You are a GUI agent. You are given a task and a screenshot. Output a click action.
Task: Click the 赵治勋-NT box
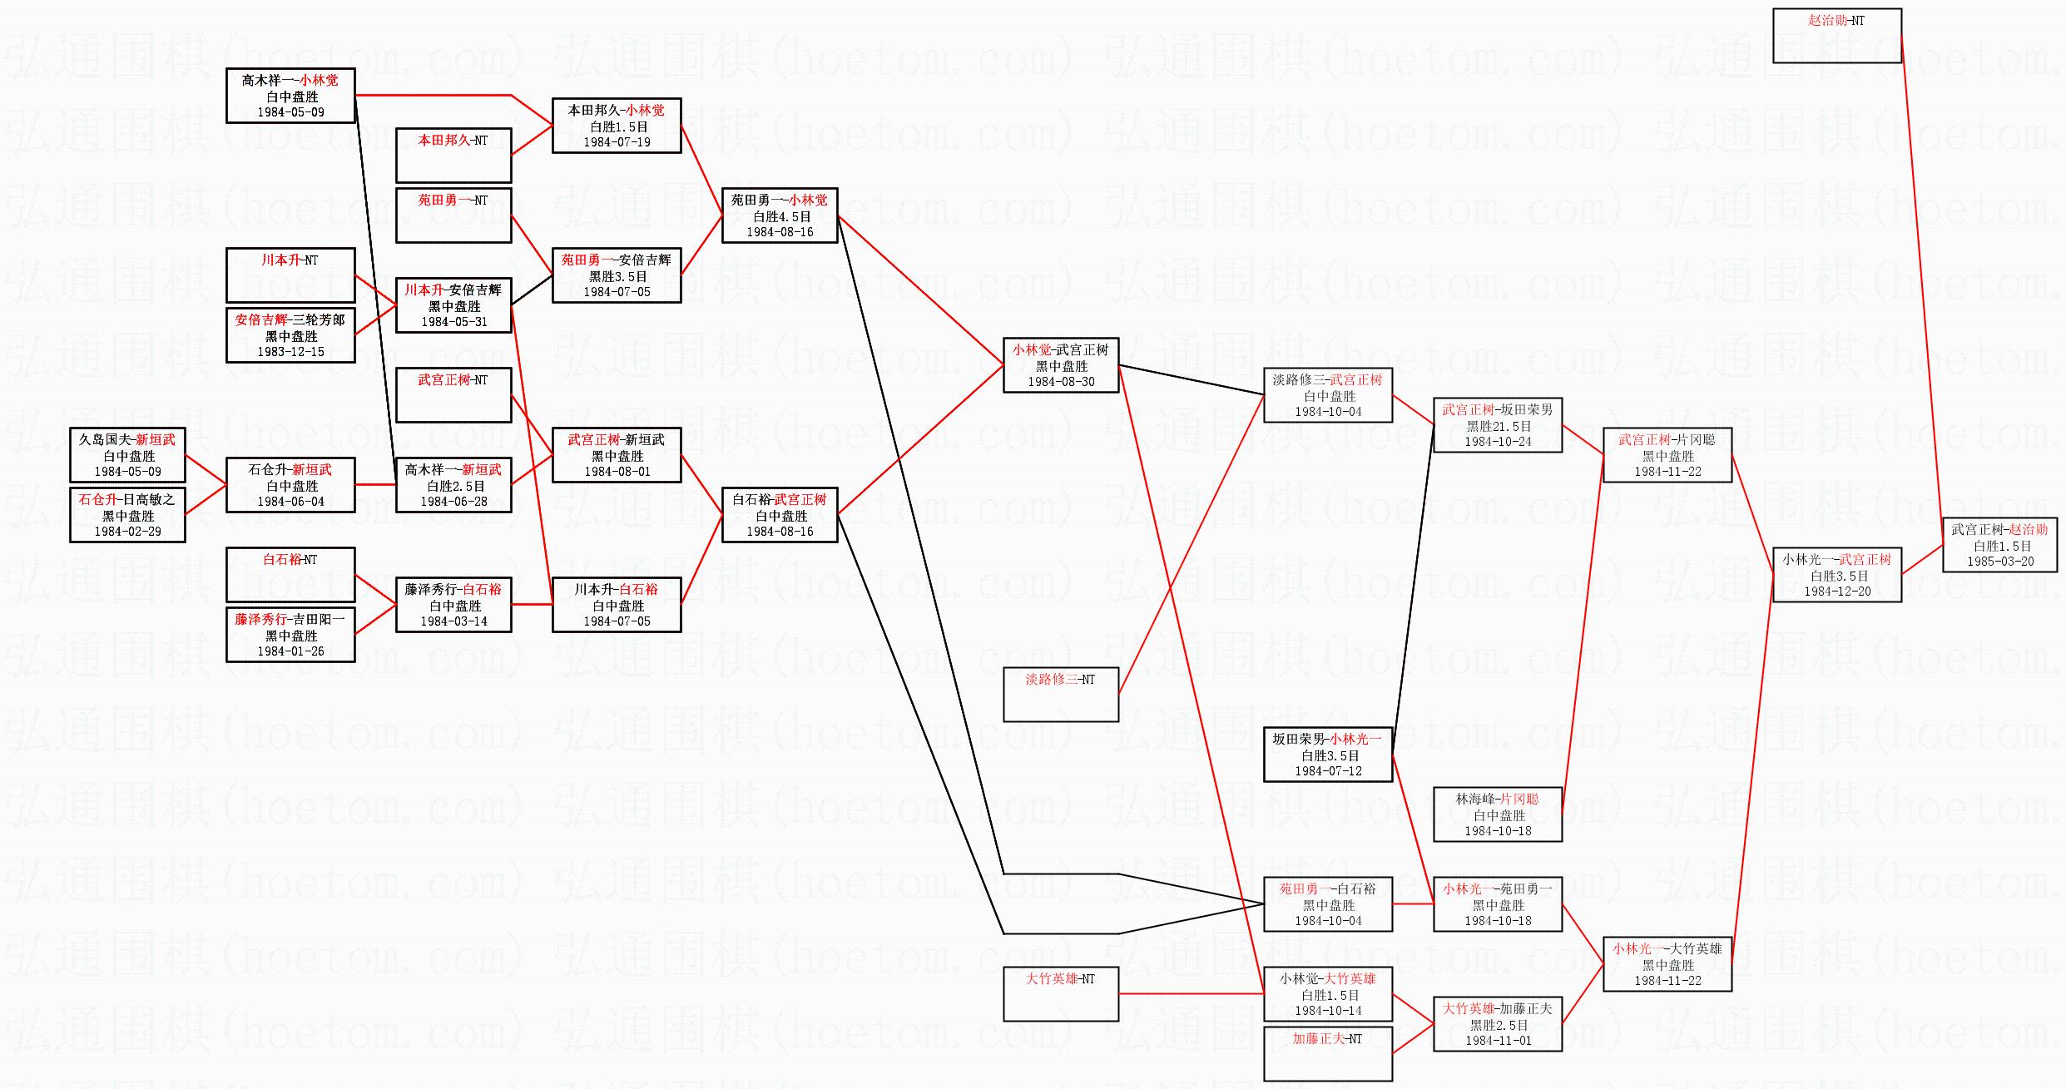click(x=1836, y=36)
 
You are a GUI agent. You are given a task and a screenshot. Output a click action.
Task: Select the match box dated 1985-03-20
click(x=1999, y=545)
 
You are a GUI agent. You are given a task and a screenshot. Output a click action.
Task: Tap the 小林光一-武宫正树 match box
click(x=1836, y=575)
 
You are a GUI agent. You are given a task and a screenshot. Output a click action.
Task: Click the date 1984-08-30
click(x=1061, y=382)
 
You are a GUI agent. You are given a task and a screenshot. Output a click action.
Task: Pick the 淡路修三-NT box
click(x=1061, y=695)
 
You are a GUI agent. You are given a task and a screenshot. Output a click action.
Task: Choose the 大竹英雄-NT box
click(x=1061, y=994)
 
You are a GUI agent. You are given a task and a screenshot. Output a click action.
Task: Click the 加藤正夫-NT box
click(x=1327, y=1054)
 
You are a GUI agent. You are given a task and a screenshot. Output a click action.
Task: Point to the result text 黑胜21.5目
click(x=1498, y=426)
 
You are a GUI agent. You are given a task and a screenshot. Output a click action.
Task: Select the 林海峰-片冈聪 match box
click(x=1497, y=814)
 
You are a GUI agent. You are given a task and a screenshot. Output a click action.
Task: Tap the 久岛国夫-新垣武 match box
click(x=127, y=455)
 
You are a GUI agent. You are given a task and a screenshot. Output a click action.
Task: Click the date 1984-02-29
click(x=127, y=532)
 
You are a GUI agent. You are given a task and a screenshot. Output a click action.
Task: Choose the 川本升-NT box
click(x=290, y=275)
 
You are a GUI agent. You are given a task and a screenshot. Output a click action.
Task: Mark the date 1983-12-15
click(x=290, y=352)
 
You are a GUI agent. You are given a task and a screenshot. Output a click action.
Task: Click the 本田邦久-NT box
click(x=453, y=156)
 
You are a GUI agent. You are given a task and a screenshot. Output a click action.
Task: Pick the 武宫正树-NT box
click(x=453, y=395)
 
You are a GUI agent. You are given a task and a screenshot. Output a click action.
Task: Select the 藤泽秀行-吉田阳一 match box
click(x=290, y=635)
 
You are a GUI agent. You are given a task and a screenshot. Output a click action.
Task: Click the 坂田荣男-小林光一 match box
click(x=1327, y=755)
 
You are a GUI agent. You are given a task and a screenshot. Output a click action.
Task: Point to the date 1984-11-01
click(x=1498, y=1041)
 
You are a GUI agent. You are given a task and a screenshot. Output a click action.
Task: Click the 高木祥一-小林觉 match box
click(x=290, y=96)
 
